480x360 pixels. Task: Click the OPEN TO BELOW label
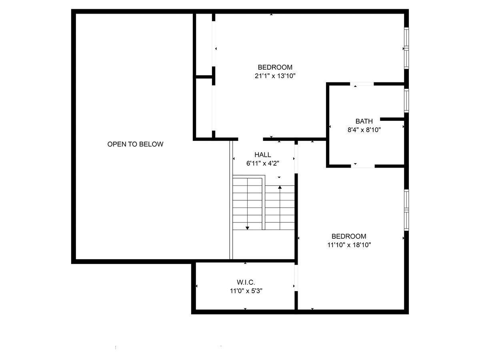(x=135, y=144)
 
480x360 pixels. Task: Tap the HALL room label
(x=262, y=155)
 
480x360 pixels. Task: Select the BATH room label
(x=364, y=121)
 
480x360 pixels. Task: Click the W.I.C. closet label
(x=246, y=283)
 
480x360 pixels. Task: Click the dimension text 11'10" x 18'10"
(x=349, y=245)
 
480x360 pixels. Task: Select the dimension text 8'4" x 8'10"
(x=364, y=130)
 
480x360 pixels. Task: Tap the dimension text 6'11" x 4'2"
(x=262, y=163)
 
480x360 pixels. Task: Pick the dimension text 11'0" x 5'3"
(x=246, y=291)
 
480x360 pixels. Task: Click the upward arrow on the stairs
(x=280, y=187)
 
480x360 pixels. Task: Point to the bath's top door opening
(x=362, y=84)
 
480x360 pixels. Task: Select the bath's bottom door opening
(x=363, y=165)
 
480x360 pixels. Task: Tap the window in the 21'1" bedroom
(x=406, y=48)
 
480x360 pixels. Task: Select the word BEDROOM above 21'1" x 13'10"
(x=275, y=67)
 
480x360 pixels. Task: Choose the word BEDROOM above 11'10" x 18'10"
(x=349, y=236)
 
